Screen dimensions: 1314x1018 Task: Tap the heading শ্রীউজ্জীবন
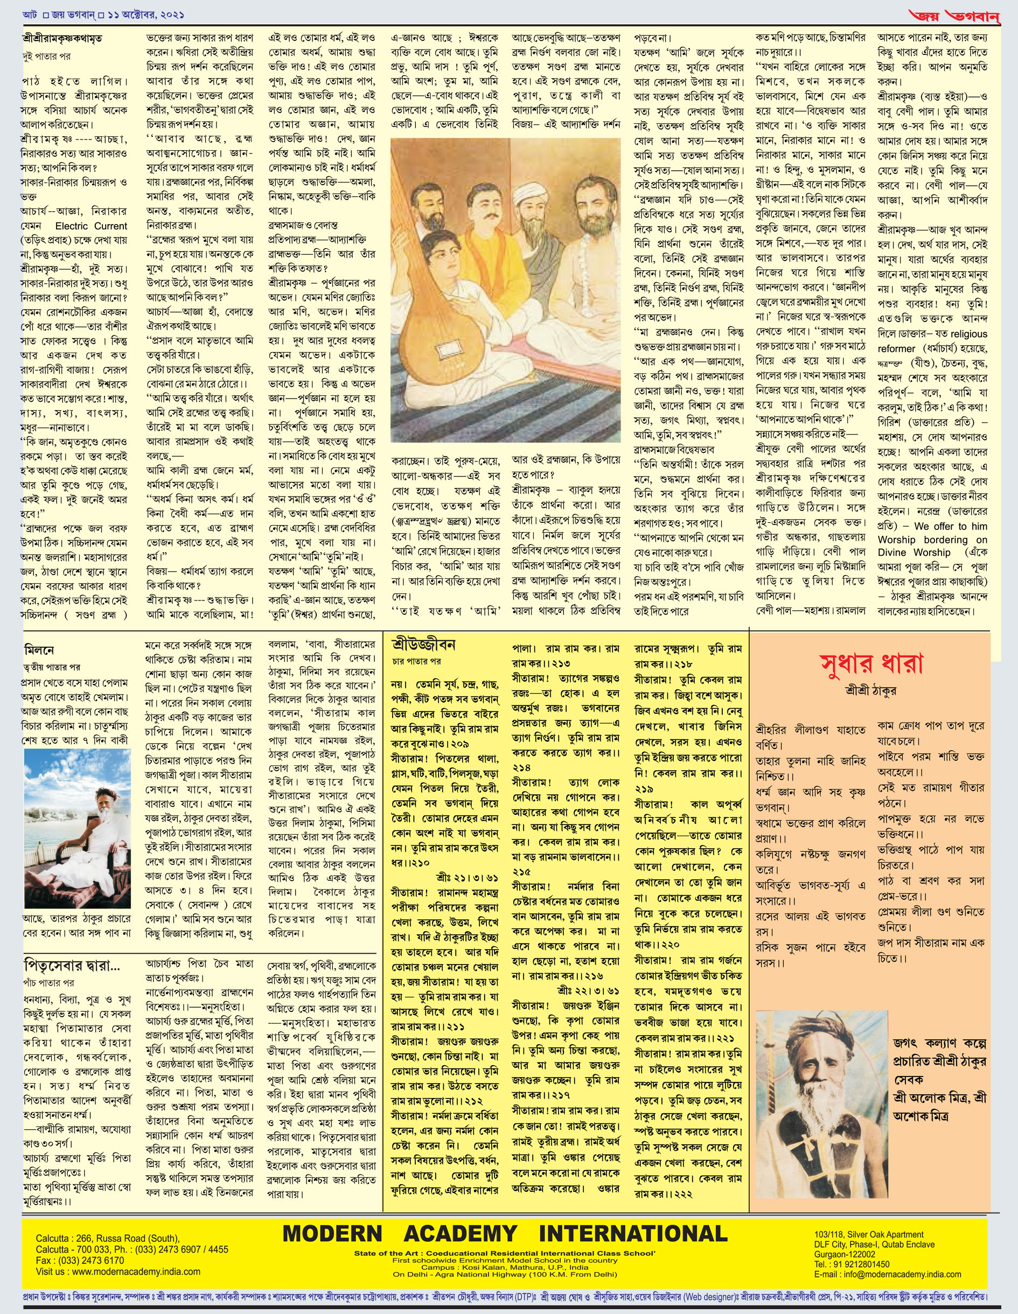423,645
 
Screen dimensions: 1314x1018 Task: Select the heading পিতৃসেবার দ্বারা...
72,967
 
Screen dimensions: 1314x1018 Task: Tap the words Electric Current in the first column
91,226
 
